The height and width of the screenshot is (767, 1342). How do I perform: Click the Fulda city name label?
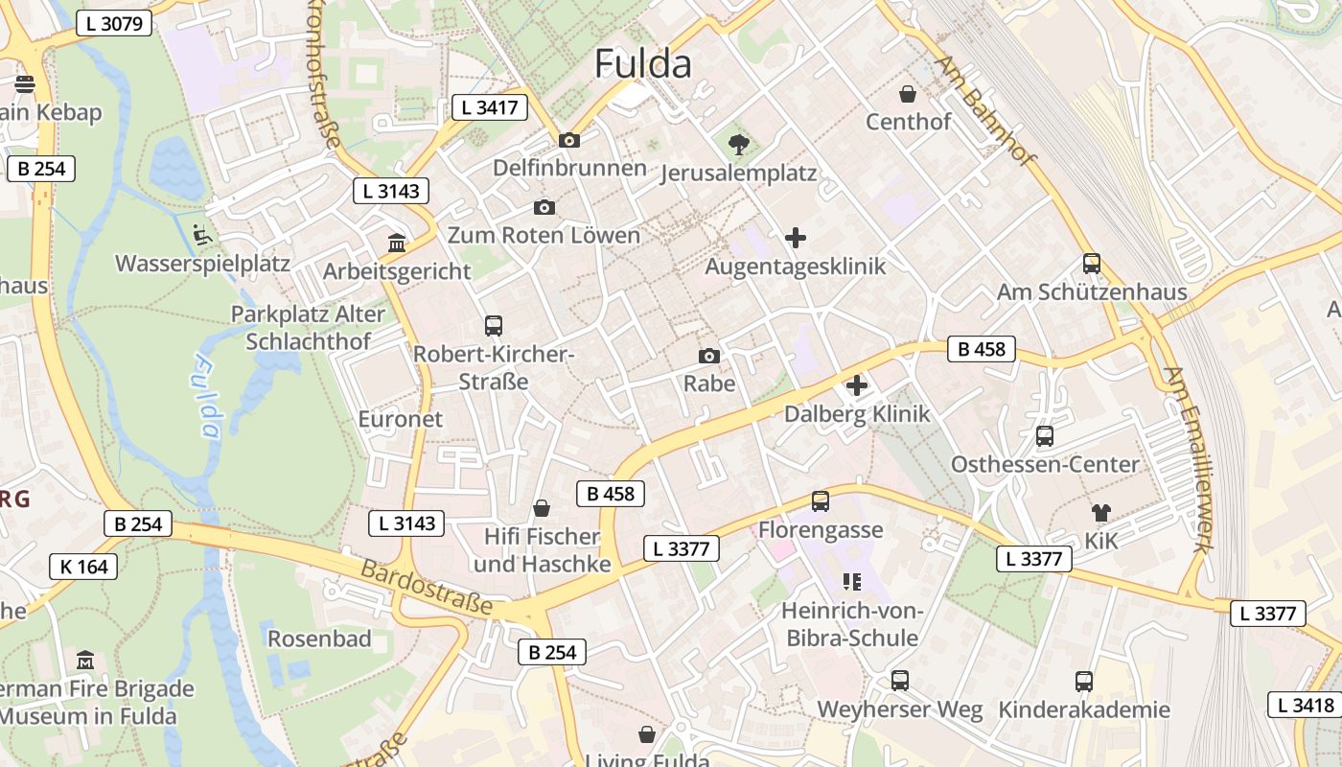tap(642, 64)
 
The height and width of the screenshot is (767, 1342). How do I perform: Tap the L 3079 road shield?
tap(113, 23)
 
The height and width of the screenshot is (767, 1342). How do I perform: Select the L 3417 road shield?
tap(490, 107)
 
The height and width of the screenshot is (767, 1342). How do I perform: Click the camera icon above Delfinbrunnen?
tap(568, 141)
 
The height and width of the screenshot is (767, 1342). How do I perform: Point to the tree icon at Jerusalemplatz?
tap(738, 145)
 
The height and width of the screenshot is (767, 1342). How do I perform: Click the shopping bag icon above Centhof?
tap(908, 94)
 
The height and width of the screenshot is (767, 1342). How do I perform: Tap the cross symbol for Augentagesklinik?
tap(795, 238)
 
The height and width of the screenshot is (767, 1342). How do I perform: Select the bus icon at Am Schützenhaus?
tap(1091, 264)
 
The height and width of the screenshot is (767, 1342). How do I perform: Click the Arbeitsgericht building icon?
tap(396, 244)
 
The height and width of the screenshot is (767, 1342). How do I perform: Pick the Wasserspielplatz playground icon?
tap(201, 234)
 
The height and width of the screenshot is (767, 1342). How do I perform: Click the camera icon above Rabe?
tap(708, 357)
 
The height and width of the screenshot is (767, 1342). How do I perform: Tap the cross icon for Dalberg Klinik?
tap(856, 385)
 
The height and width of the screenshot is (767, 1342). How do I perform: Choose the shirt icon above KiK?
tap(1100, 513)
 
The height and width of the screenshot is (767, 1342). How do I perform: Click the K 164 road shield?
tap(83, 567)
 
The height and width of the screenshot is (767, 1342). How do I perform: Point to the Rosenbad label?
tap(319, 639)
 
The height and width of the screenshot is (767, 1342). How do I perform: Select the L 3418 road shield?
tap(1305, 706)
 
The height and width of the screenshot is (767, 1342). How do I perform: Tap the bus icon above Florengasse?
tap(820, 501)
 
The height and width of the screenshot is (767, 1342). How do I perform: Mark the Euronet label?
tap(401, 419)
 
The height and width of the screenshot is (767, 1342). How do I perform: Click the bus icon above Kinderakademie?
tap(1083, 682)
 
